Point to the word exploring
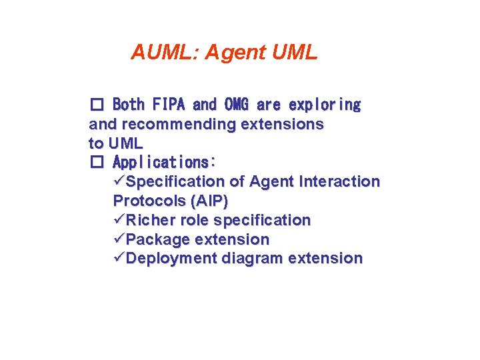coord(325,105)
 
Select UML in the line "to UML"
coord(125,143)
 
